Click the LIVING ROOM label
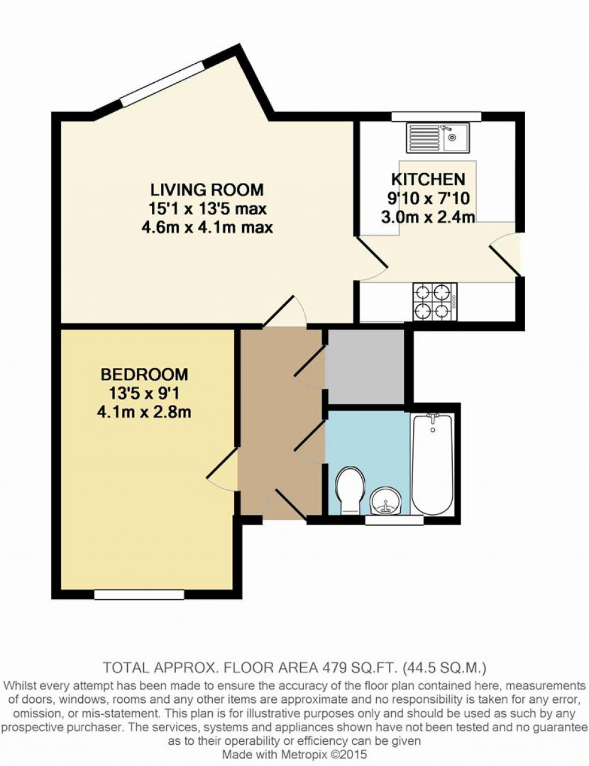[x=207, y=190]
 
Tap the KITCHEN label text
[x=429, y=179]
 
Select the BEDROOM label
[x=144, y=374]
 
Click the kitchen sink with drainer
[x=438, y=138]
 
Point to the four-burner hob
[x=435, y=302]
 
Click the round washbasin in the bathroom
[x=385, y=500]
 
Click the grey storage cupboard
[x=365, y=367]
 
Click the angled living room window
[x=163, y=83]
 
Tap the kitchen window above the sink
[x=437, y=117]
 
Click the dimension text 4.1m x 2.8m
[x=144, y=412]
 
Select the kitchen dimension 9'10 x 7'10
[x=429, y=198]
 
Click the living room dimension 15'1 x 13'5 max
[x=207, y=209]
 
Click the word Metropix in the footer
[x=307, y=754]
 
